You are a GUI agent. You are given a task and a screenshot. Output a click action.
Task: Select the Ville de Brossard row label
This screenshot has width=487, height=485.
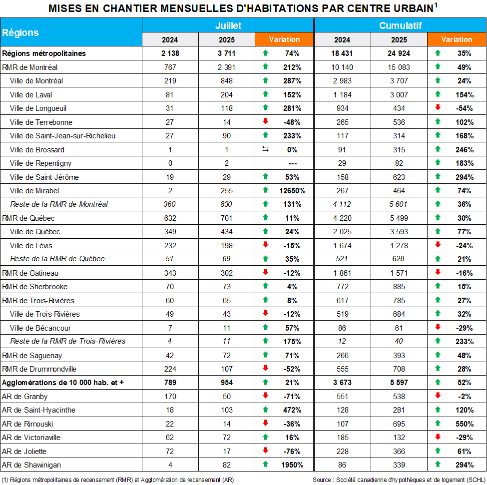37,149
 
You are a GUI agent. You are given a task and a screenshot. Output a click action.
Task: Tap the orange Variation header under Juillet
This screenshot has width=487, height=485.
284,39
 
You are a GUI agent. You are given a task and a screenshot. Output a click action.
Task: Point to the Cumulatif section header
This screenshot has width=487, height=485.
400,25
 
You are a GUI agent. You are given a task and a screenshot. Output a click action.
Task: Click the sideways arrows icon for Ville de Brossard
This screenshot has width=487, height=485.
265,149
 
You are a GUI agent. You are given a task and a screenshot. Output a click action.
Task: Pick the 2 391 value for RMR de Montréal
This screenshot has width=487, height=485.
226,67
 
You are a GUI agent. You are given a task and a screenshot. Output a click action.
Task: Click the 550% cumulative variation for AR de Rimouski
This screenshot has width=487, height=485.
465,424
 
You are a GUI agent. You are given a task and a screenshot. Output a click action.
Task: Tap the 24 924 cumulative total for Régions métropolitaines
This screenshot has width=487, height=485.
399,53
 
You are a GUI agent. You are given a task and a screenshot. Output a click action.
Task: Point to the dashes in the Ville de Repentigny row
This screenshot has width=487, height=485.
293,163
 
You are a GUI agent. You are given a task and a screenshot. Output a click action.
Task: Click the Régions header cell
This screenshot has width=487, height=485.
20,32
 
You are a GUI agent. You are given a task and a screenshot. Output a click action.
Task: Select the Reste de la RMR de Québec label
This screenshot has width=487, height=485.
57,259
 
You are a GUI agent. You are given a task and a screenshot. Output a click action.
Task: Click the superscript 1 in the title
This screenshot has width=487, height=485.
436,5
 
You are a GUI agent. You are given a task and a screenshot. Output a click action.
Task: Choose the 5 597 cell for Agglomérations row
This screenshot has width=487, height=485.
399,383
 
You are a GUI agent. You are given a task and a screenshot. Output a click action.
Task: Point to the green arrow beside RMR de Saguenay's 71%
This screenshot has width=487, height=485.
265,355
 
